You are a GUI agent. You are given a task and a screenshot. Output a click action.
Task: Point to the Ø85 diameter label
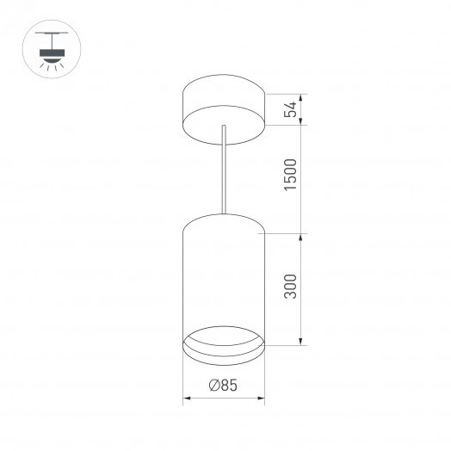223,386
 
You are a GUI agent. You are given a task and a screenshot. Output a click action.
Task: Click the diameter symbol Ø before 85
213,386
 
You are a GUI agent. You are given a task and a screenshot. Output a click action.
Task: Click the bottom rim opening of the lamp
224,343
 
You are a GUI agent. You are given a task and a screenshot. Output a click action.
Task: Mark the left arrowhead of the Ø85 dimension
187,398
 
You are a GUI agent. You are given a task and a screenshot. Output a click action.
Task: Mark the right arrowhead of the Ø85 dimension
261,398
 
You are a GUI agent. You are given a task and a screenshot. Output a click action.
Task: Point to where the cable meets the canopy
224,127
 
